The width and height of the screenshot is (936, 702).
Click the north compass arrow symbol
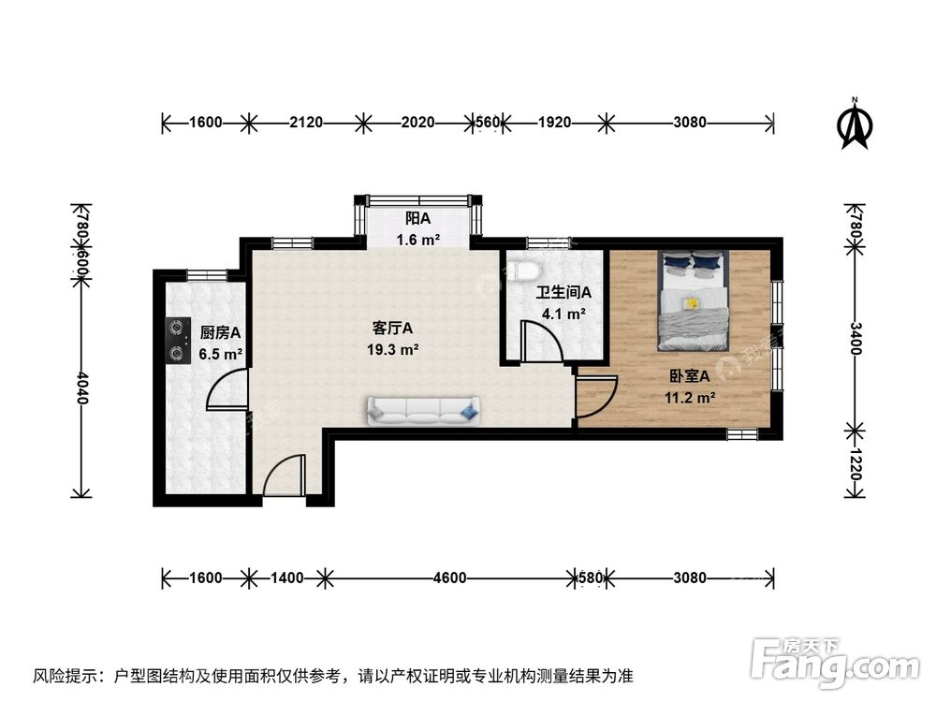(x=855, y=126)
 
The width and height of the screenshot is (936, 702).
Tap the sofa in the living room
(x=423, y=408)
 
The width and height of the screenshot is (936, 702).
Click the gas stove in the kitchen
(x=175, y=341)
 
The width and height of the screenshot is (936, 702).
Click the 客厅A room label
(x=392, y=329)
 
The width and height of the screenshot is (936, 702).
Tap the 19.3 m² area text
(x=392, y=350)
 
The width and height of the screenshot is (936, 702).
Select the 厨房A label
(x=220, y=332)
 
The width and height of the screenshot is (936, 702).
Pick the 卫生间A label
(x=563, y=292)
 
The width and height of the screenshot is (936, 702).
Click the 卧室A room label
(x=691, y=376)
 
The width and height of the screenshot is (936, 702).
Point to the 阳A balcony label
(x=417, y=219)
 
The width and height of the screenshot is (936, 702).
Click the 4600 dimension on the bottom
(x=449, y=578)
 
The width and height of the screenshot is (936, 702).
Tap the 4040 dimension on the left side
(x=82, y=388)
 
